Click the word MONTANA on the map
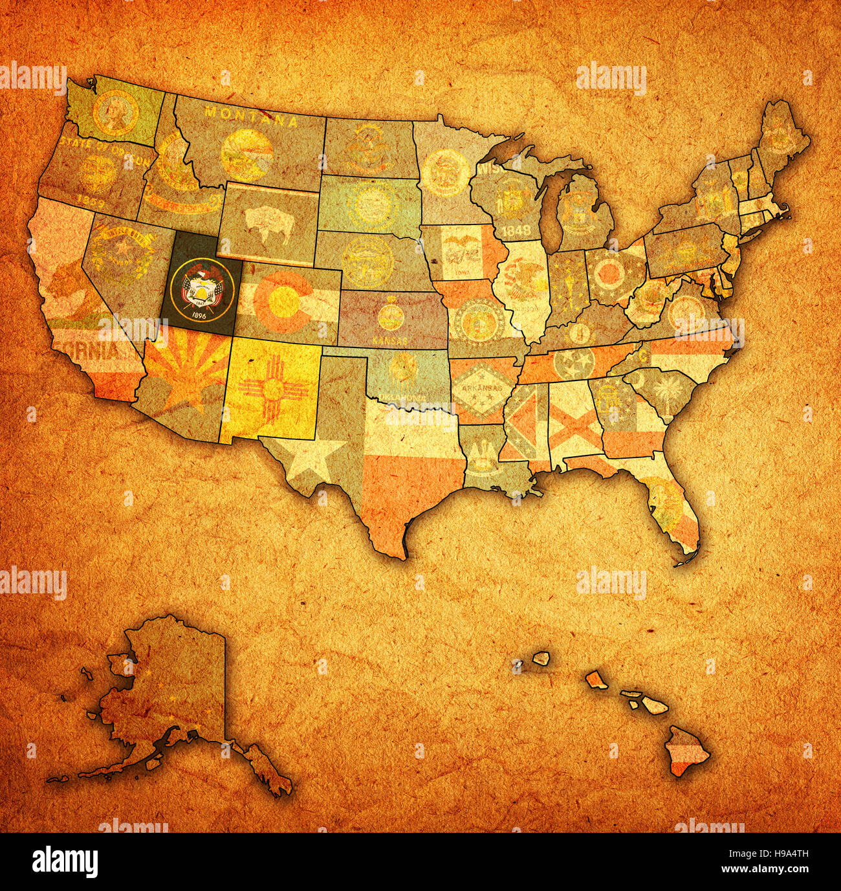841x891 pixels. point(251,116)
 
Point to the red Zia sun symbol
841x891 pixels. point(271,388)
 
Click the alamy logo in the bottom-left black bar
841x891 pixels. point(65,862)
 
